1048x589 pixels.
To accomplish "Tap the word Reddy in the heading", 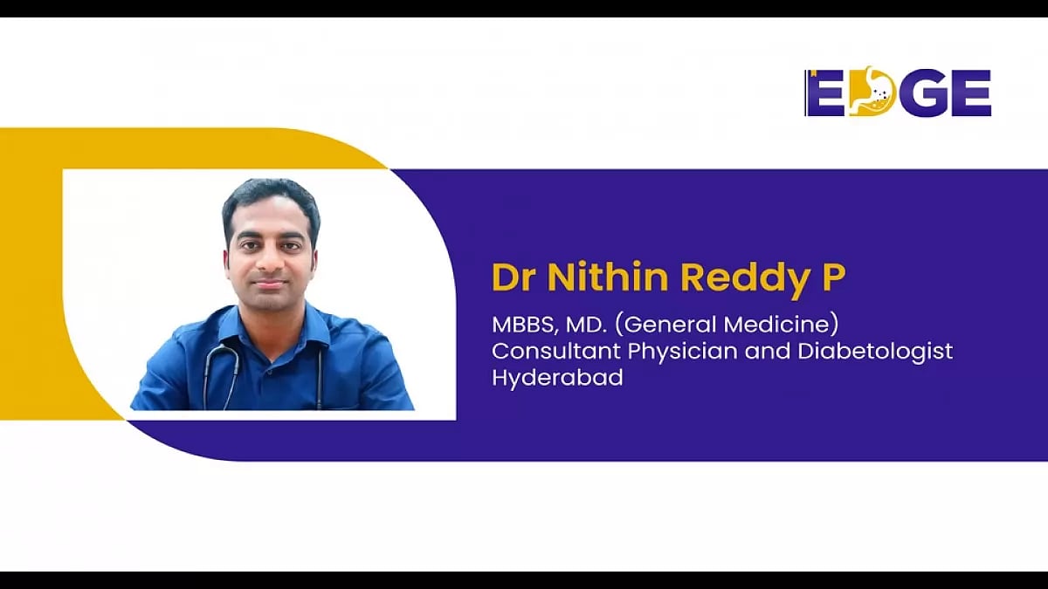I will [743, 277].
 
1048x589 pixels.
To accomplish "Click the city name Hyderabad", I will [557, 379].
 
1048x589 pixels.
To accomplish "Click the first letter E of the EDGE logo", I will [824, 93].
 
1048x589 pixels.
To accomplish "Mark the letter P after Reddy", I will [834, 277].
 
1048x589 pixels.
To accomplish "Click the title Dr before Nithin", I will [513, 277].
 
